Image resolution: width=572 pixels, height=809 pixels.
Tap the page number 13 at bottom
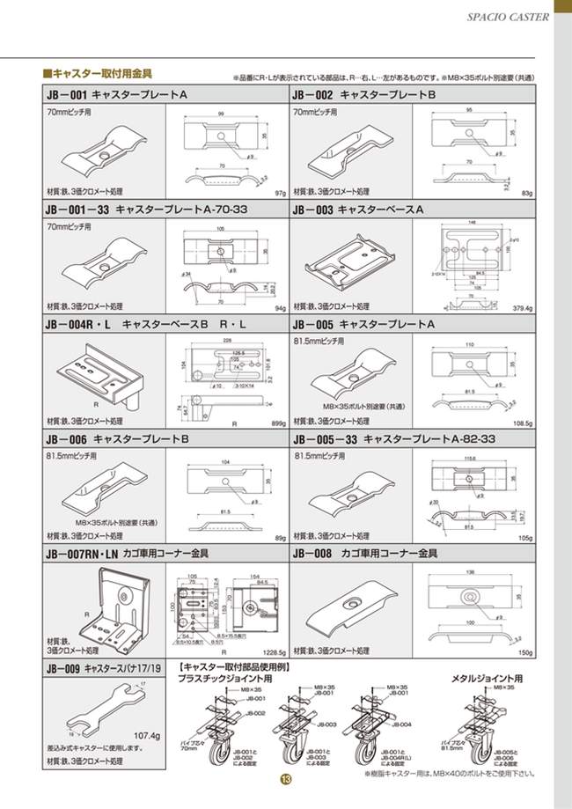(285, 780)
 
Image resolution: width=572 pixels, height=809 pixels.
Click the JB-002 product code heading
(312, 92)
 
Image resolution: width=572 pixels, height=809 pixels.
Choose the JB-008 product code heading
(312, 555)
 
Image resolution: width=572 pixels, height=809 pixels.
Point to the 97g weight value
(281, 192)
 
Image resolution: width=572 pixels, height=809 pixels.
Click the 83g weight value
(528, 192)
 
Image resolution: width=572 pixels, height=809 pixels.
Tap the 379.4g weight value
(522, 308)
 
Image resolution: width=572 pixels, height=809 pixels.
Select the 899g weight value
(279, 423)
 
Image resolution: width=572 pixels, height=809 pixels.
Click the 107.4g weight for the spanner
(146, 735)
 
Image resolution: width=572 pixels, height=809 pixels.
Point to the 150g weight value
(526, 653)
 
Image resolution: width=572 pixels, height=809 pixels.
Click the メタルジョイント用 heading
(487, 679)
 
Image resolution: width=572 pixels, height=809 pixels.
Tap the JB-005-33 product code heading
(326, 438)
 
